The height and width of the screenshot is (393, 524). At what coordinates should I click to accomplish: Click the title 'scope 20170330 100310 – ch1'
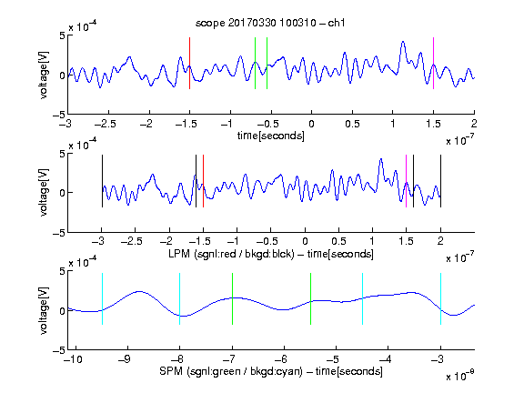270,23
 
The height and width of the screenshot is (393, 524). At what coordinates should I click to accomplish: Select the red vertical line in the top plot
189,63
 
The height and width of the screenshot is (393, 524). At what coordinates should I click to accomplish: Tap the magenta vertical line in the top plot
433,63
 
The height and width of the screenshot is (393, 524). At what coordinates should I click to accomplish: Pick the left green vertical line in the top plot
255,63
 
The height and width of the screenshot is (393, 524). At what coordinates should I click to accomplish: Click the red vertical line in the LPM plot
203,181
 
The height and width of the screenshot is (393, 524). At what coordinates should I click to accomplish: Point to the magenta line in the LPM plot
406,181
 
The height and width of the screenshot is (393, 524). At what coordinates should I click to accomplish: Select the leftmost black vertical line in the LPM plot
102,181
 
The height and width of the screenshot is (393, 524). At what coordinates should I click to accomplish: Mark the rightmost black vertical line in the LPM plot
440,181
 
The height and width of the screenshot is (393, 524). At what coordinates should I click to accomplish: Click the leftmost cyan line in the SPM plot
102,298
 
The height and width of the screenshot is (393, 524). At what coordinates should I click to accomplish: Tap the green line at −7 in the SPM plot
232,298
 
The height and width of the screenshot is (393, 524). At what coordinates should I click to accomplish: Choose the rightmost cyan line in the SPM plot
440,298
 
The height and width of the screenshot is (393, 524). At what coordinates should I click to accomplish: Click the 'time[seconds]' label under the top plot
271,136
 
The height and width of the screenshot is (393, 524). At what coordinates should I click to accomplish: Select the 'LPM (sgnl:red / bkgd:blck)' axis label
231,254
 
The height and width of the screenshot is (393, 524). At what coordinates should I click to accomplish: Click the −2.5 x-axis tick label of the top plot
105,124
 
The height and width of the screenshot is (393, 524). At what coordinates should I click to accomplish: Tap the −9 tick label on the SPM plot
125,359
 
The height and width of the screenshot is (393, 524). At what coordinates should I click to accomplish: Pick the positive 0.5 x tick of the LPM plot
338,241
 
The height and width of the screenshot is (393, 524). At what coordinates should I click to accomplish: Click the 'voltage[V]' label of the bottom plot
44,310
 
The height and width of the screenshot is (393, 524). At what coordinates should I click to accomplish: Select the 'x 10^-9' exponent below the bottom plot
459,376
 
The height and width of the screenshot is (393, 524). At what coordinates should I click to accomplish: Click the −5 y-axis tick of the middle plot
59,233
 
